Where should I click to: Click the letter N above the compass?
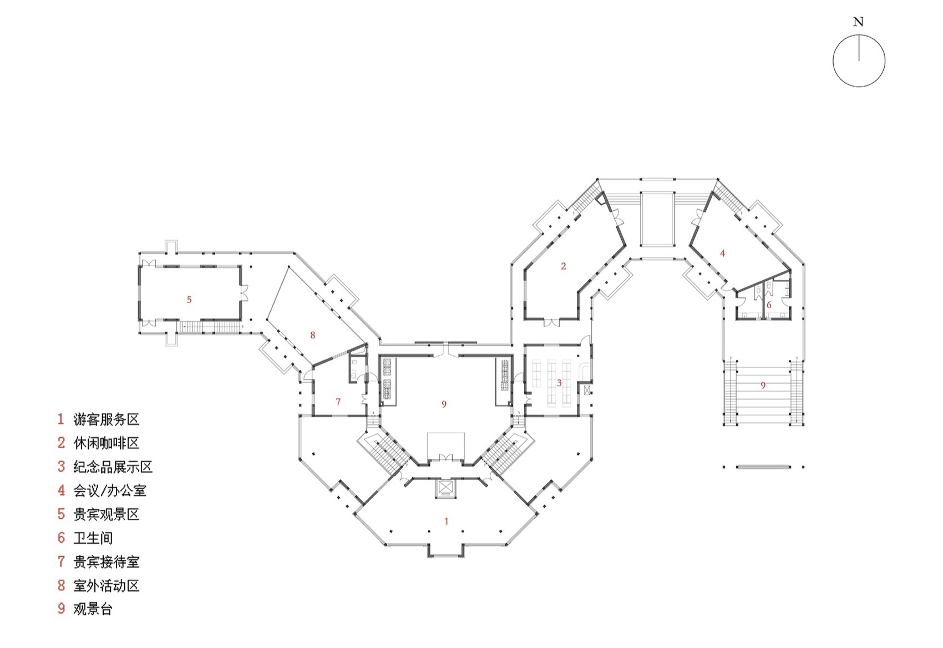point(858,22)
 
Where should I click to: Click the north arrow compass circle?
point(859,60)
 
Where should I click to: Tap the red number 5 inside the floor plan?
point(189,300)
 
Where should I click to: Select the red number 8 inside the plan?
point(313,335)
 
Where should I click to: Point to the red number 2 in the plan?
point(563,266)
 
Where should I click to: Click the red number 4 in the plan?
point(722,253)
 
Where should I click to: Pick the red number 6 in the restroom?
point(769,305)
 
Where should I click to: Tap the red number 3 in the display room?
point(559,383)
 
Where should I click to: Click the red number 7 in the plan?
point(338,402)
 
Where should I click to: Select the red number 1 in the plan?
point(447,521)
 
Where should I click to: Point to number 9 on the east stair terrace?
point(763,385)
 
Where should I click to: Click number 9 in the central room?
point(444,404)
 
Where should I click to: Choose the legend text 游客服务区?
point(106,419)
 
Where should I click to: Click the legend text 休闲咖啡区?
point(106,443)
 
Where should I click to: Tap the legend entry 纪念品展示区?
point(113,467)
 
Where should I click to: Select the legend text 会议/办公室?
point(110,490)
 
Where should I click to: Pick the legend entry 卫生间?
point(93,538)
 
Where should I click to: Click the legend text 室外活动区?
point(106,585)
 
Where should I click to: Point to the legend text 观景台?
point(93,609)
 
